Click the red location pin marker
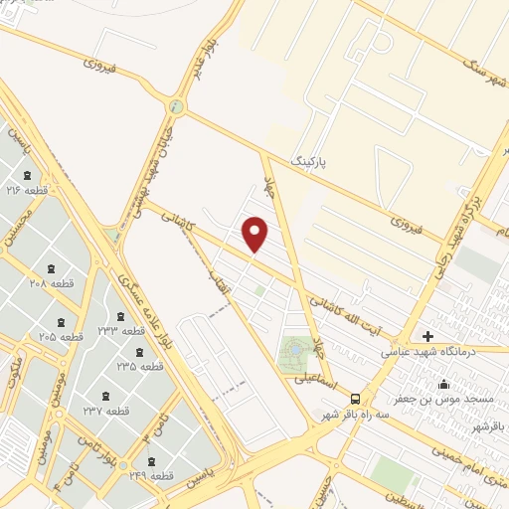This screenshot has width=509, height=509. click(256, 234)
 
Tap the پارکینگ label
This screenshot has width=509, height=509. click(308, 158)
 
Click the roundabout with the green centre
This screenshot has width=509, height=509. click(177, 106)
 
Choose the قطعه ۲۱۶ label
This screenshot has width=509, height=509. click(28, 189)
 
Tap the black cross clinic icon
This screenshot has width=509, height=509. click(428, 336)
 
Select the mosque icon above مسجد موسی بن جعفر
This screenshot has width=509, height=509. click(443, 384)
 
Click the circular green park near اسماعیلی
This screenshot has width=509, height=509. click(296, 351)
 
